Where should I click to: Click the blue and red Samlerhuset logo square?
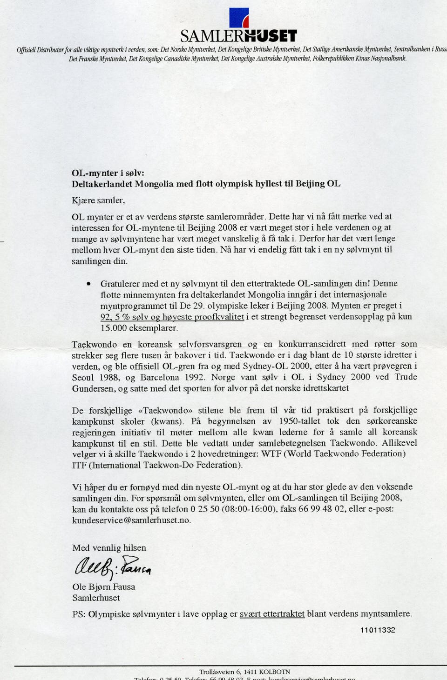pyautogui.click(x=239, y=18)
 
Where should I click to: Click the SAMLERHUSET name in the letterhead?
pyautogui.click(x=238, y=36)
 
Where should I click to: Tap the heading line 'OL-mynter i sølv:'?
pyautogui.click(x=108, y=173)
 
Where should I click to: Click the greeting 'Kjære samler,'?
pyautogui.click(x=98, y=200)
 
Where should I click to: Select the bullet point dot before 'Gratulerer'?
pyautogui.click(x=89, y=283)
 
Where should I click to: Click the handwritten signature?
pyautogui.click(x=112, y=567)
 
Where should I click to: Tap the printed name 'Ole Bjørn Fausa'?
pyautogui.click(x=103, y=587)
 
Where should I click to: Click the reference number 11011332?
pyautogui.click(x=378, y=630)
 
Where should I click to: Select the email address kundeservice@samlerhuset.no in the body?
pyautogui.click(x=131, y=520)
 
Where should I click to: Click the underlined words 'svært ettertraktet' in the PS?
pyautogui.click(x=272, y=614)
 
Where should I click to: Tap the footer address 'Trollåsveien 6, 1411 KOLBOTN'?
pyautogui.click(x=244, y=672)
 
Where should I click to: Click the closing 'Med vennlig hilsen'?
pyautogui.click(x=109, y=548)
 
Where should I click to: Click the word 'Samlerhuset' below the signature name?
pyautogui.click(x=96, y=598)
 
